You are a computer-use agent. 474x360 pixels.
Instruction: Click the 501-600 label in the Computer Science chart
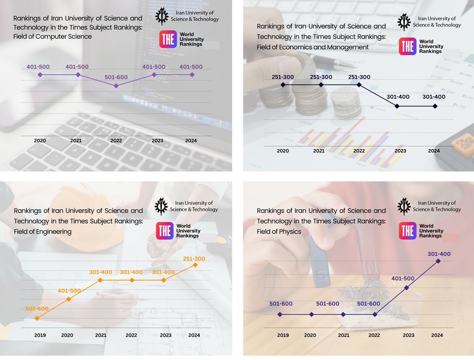pyautogui.click(x=116, y=77)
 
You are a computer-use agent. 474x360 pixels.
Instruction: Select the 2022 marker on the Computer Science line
pyautogui.click(x=116, y=86)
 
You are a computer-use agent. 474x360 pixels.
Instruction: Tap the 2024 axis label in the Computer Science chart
pyautogui.click(x=191, y=141)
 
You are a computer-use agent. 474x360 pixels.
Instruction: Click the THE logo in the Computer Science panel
pyautogui.click(x=168, y=39)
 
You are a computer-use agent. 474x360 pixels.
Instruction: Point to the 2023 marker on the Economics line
pyautogui.click(x=397, y=106)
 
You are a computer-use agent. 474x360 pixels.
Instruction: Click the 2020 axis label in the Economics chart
pyautogui.click(x=283, y=151)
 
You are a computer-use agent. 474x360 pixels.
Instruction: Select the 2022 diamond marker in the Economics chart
pyautogui.click(x=359, y=85)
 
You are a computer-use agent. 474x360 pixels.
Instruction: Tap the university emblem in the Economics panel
pyautogui.click(x=404, y=22)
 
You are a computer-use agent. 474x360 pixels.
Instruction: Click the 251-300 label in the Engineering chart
pyautogui.click(x=194, y=259)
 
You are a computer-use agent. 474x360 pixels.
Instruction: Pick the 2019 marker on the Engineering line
pyautogui.click(x=37, y=318)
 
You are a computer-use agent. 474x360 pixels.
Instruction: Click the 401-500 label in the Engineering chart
pyautogui.click(x=69, y=291)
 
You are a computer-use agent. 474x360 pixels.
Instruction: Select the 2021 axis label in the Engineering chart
pyautogui.click(x=101, y=335)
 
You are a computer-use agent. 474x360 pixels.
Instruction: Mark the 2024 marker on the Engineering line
pyautogui.click(x=195, y=265)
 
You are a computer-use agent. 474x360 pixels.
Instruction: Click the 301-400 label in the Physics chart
pyautogui.click(x=439, y=254)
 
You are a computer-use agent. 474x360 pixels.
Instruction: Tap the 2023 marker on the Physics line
pyautogui.click(x=407, y=288)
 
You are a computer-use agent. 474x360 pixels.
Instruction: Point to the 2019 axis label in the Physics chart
pyautogui.click(x=283, y=335)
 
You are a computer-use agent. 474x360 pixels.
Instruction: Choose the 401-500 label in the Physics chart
pyautogui.click(x=403, y=279)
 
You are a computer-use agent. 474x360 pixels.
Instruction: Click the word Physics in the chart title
pyautogui.click(x=291, y=232)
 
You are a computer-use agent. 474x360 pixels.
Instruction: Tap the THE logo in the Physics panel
pyautogui.click(x=407, y=231)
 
